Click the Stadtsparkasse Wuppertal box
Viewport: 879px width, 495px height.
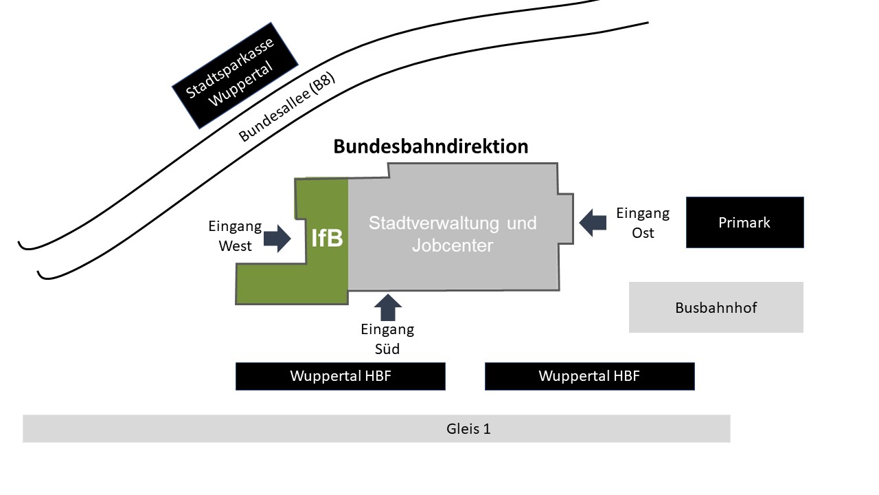[235, 75]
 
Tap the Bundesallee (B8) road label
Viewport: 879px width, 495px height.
[287, 107]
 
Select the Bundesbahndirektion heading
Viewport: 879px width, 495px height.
[431, 146]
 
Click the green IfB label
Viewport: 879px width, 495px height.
[327, 238]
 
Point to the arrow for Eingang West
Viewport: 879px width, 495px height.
[277, 238]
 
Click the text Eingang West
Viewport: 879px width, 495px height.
[236, 236]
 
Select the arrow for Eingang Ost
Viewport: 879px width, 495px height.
[593, 222]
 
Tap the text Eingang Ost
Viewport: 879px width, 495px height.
[643, 223]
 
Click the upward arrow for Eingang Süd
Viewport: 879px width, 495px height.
[389, 307]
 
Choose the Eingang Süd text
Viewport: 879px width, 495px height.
[388, 339]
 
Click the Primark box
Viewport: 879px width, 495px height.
[744, 222]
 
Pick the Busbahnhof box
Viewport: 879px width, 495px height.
[716, 307]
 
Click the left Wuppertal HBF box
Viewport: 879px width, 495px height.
[340, 376]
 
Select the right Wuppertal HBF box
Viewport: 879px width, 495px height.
[589, 376]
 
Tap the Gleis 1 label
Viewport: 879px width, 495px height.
[468, 429]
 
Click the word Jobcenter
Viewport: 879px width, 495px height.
[453, 245]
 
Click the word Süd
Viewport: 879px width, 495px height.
[388, 349]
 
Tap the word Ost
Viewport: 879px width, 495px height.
[643, 232]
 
